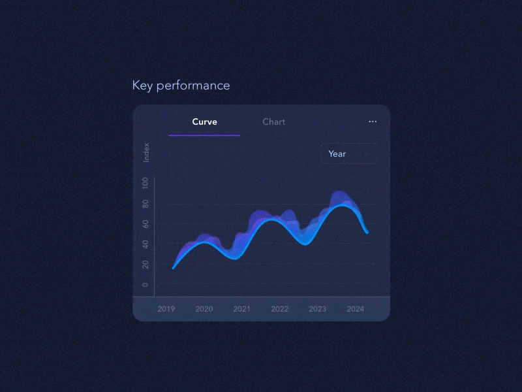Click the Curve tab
pyautogui.click(x=204, y=122)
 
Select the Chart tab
pyautogui.click(x=273, y=122)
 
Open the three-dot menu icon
pyautogui.click(x=373, y=122)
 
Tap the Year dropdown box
pyautogui.click(x=348, y=154)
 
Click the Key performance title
pyautogui.click(x=181, y=86)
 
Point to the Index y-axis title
pyautogui.click(x=147, y=152)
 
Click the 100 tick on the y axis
pyautogui.click(x=145, y=183)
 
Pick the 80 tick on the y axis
pyautogui.click(x=145, y=203)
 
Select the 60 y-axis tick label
pyautogui.click(x=145, y=223)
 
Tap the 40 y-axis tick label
pyautogui.click(x=145, y=244)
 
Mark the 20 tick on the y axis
pyautogui.click(x=145, y=264)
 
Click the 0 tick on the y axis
pyautogui.click(x=145, y=284)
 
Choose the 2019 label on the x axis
pyautogui.click(x=166, y=309)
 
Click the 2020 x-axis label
pyautogui.click(x=204, y=309)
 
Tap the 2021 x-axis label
pyautogui.click(x=242, y=309)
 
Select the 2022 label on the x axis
pyautogui.click(x=280, y=309)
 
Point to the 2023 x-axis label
pyautogui.click(x=318, y=309)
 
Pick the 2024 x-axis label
pyautogui.click(x=356, y=309)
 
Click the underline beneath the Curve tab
pyautogui.click(x=204, y=135)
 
